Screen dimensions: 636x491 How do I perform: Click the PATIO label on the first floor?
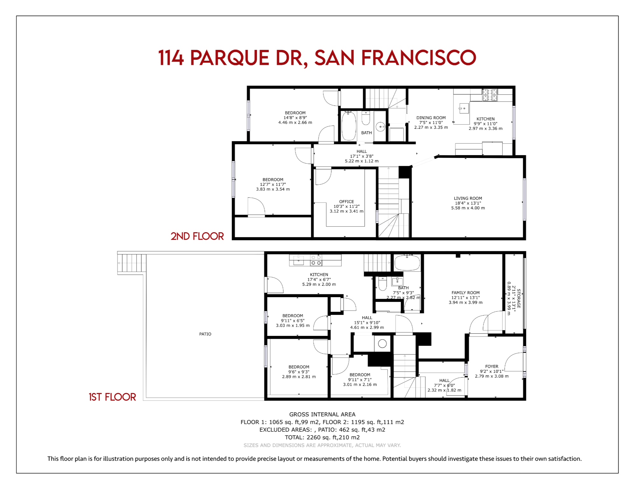[205, 334]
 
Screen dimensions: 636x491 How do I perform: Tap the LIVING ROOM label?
[468, 198]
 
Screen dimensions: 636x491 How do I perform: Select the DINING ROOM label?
[431, 118]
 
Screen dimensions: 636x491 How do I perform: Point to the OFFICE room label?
[346, 201]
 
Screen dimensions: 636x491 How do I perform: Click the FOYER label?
[492, 366]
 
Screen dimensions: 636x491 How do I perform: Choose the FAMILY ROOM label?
[465, 293]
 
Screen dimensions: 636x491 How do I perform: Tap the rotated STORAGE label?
[519, 298]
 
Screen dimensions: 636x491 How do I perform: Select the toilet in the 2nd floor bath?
[366, 118]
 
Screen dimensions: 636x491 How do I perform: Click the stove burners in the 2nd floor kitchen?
[490, 95]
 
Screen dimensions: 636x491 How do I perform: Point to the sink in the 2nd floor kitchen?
[464, 108]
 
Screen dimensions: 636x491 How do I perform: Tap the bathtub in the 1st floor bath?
[407, 263]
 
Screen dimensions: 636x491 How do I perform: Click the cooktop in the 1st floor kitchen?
[316, 260]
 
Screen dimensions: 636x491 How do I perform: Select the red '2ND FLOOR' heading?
[197, 236]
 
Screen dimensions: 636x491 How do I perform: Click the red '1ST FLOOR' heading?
[112, 397]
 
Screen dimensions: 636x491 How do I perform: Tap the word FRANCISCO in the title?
[418, 58]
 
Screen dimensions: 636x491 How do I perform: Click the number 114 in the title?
[171, 58]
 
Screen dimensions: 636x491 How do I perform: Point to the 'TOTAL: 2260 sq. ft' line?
[322, 437]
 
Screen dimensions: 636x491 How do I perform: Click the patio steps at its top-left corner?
[132, 263]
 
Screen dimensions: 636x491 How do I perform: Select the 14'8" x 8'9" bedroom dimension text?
[295, 118]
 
